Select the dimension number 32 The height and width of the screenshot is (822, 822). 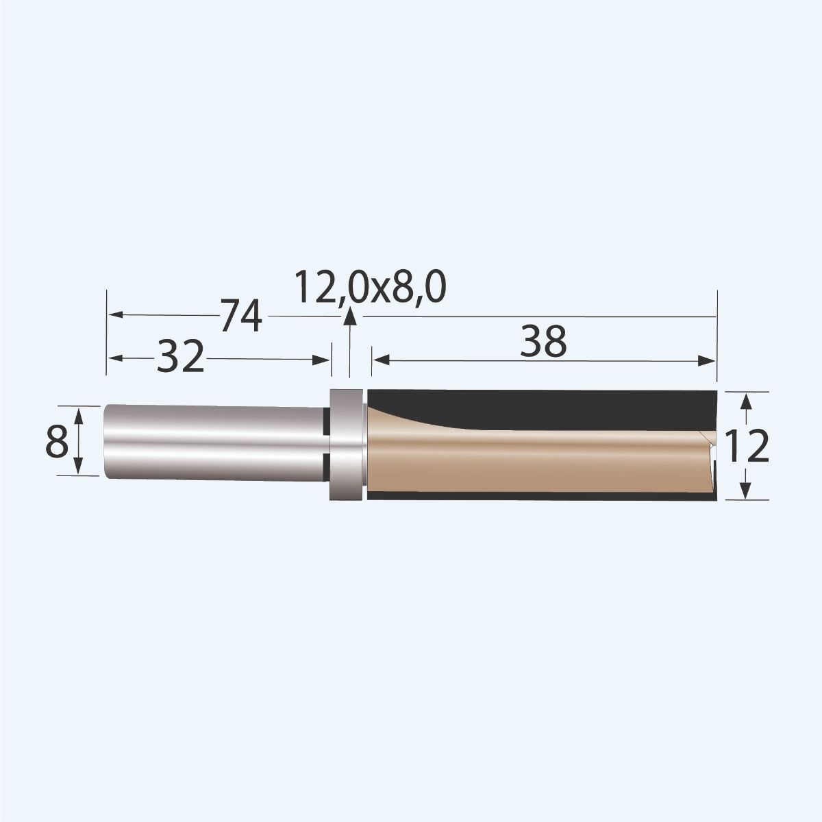point(181,358)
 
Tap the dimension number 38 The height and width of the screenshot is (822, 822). point(543,342)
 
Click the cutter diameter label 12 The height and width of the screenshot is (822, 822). point(747,447)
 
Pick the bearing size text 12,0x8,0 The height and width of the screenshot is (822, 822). point(371,288)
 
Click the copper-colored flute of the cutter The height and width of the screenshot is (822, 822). point(534,459)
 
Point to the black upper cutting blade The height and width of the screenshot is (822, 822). point(548,408)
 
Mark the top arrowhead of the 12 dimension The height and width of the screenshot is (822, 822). point(746,399)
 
